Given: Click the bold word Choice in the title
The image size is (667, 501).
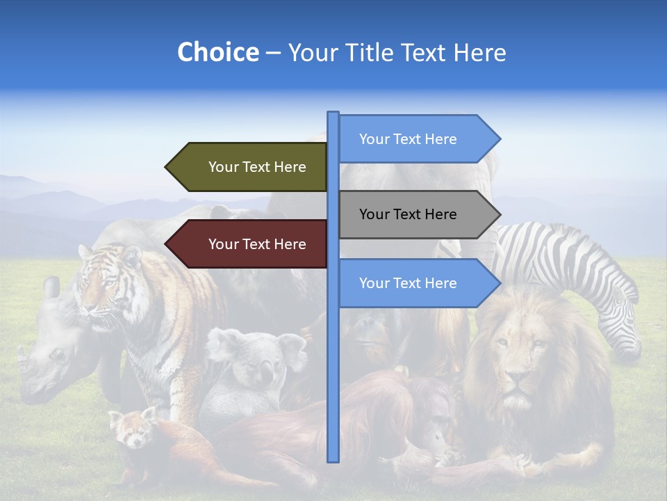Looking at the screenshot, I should pyautogui.click(x=217, y=52).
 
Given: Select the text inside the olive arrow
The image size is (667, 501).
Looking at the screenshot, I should pyautogui.click(x=257, y=167).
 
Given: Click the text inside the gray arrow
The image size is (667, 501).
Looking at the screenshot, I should pyautogui.click(x=408, y=214).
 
